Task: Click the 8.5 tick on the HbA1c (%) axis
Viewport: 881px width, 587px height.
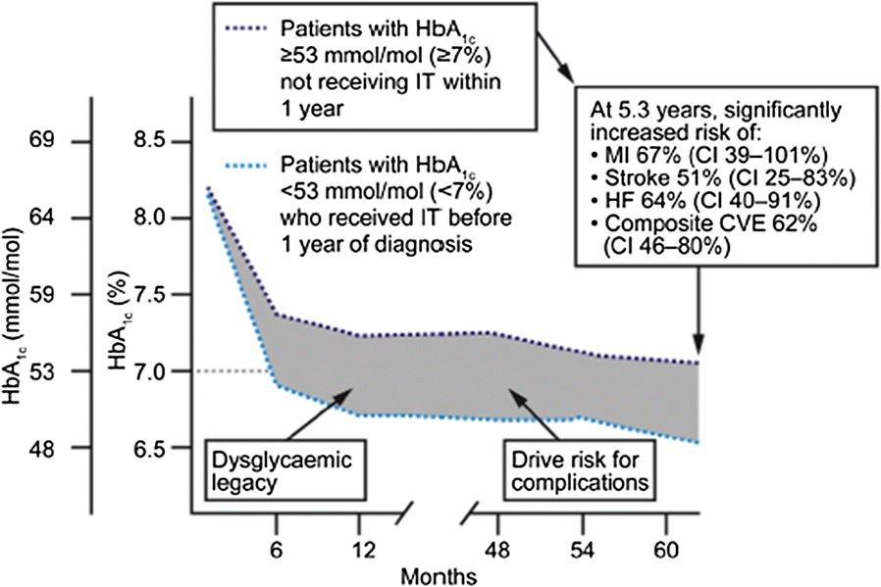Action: [x=161, y=142]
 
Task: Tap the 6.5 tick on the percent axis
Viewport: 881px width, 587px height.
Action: [x=161, y=448]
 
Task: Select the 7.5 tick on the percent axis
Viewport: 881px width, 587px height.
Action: [x=161, y=295]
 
